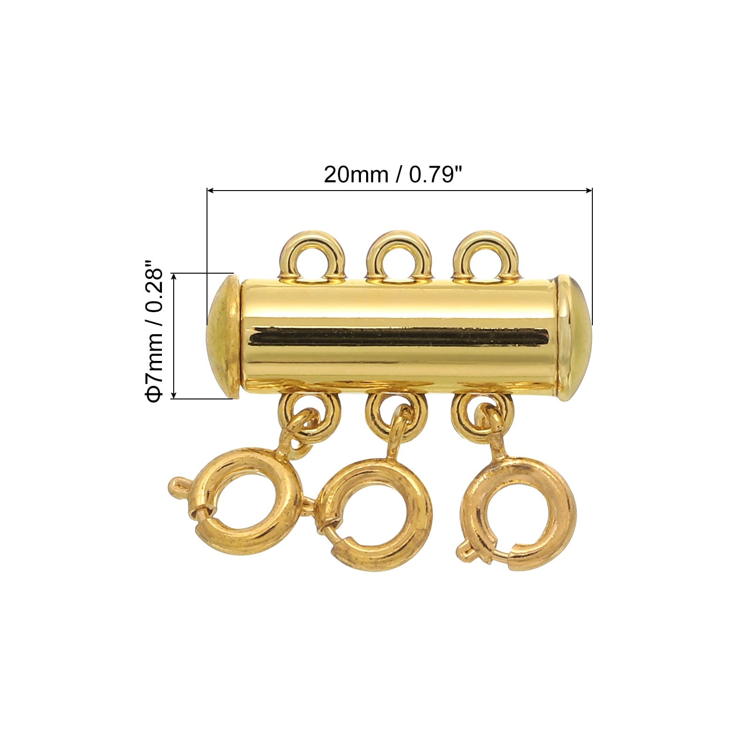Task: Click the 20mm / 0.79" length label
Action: click(393, 175)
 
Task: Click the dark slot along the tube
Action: click(399, 337)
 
